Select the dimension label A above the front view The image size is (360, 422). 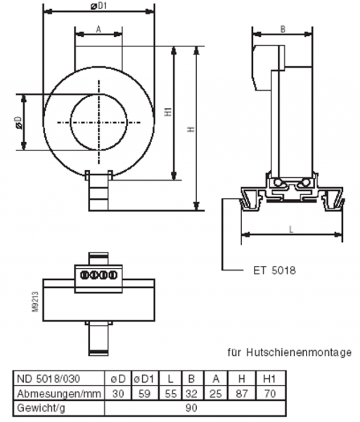[98, 29]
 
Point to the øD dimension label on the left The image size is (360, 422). [18, 122]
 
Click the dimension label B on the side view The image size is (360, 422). [282, 29]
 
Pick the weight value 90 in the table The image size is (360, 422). [196, 406]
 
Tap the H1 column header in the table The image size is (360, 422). [268, 378]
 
